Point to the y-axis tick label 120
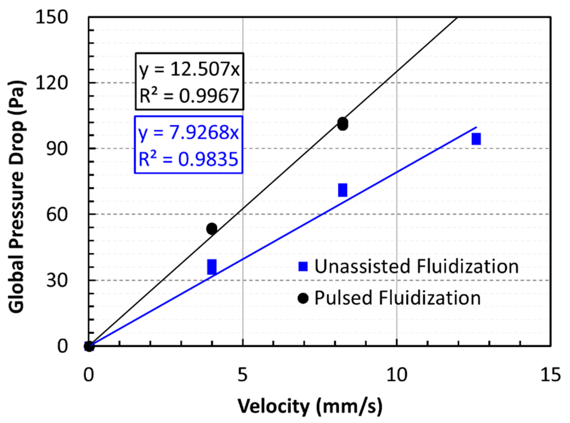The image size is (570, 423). pos(52,83)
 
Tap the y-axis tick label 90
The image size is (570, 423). pos(57,149)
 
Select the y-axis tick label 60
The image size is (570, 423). pos(57,214)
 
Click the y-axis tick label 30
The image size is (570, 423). pos(57,280)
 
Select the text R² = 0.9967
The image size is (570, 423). pos(189,96)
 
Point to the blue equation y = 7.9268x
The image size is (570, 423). pos(189,133)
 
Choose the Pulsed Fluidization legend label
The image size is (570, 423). pos(397,298)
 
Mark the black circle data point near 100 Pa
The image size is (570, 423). pos(343,124)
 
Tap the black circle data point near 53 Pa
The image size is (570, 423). pos(212,228)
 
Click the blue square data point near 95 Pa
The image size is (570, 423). pos(476,139)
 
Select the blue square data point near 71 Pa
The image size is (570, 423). pos(343,190)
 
